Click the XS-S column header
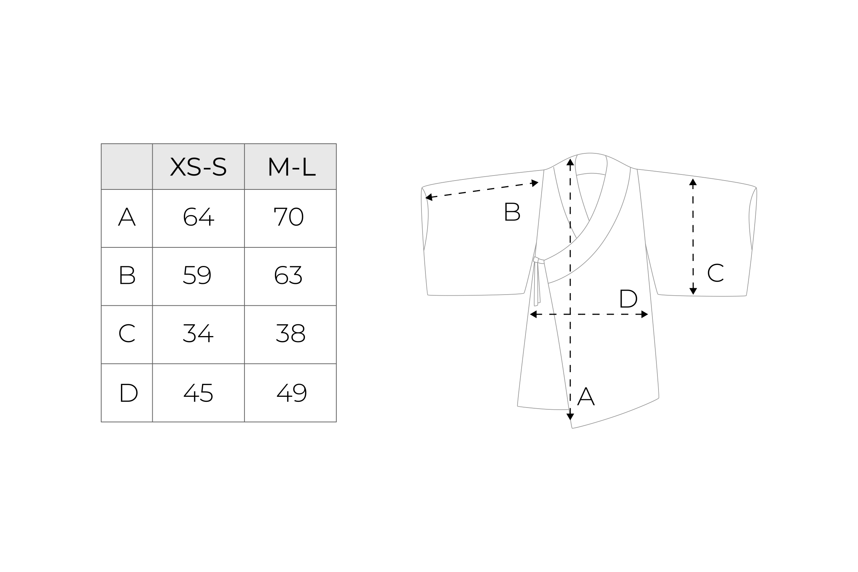[x=198, y=167]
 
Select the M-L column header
[x=291, y=167]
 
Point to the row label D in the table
[x=128, y=393]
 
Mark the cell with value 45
[x=198, y=393]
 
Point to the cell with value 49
[x=291, y=393]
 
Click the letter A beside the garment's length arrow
[x=586, y=396]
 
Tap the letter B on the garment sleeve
[x=512, y=212]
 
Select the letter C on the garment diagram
[x=715, y=273]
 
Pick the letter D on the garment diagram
[x=628, y=299]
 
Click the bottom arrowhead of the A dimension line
[x=570, y=416]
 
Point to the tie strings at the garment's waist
[x=537, y=281]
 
